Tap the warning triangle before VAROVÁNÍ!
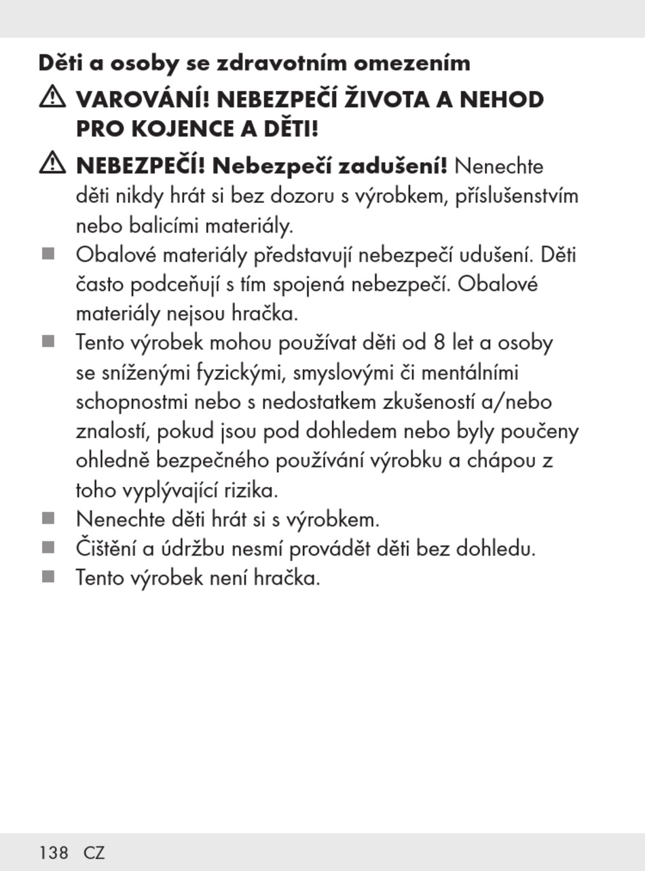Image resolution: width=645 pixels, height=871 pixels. (52, 98)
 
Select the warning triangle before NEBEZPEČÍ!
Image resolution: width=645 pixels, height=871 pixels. (52, 163)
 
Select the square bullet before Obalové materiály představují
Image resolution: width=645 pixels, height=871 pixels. (48, 254)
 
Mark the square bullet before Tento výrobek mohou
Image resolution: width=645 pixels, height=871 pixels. (48, 341)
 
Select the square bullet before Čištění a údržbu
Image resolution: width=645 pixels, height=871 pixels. (48, 547)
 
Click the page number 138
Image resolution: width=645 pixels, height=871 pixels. (54, 853)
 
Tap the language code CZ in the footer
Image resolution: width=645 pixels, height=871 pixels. (94, 853)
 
